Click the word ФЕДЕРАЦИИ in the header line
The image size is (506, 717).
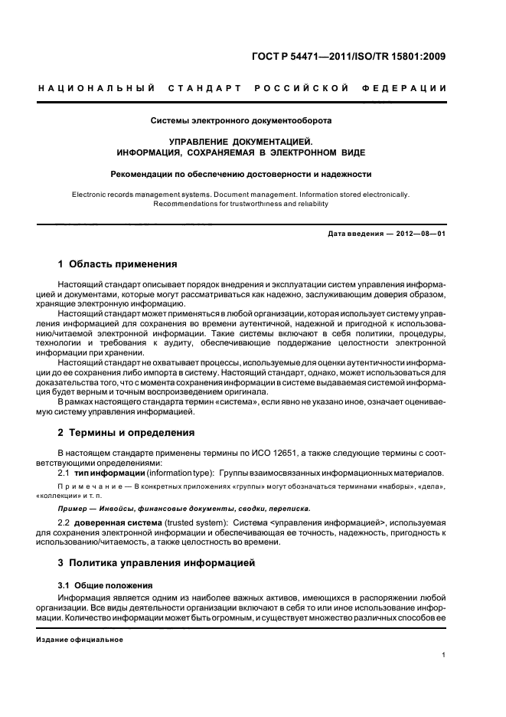pyautogui.click(x=410, y=89)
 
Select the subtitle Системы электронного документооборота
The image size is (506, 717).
pyautogui.click(x=241, y=120)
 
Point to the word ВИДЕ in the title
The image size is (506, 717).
pyautogui.click(x=360, y=152)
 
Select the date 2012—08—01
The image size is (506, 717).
pyautogui.click(x=420, y=234)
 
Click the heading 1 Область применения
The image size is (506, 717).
pyautogui.click(x=118, y=264)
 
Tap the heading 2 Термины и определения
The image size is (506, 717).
pyautogui.click(x=126, y=432)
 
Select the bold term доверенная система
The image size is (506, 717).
pyautogui.click(x=113, y=523)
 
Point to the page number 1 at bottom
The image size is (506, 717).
pyautogui.click(x=444, y=654)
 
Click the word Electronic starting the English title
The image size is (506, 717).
pyautogui.click(x=93, y=195)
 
